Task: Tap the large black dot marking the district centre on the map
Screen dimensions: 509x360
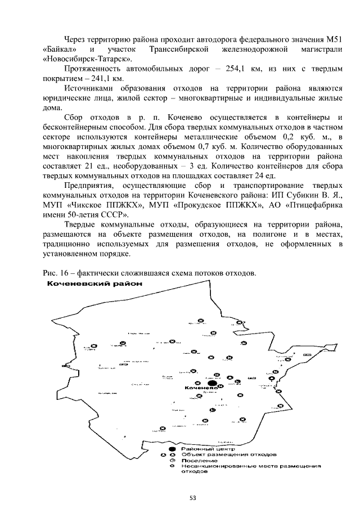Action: tap(204, 382)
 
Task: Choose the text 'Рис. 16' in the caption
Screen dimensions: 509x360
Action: tap(56, 273)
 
